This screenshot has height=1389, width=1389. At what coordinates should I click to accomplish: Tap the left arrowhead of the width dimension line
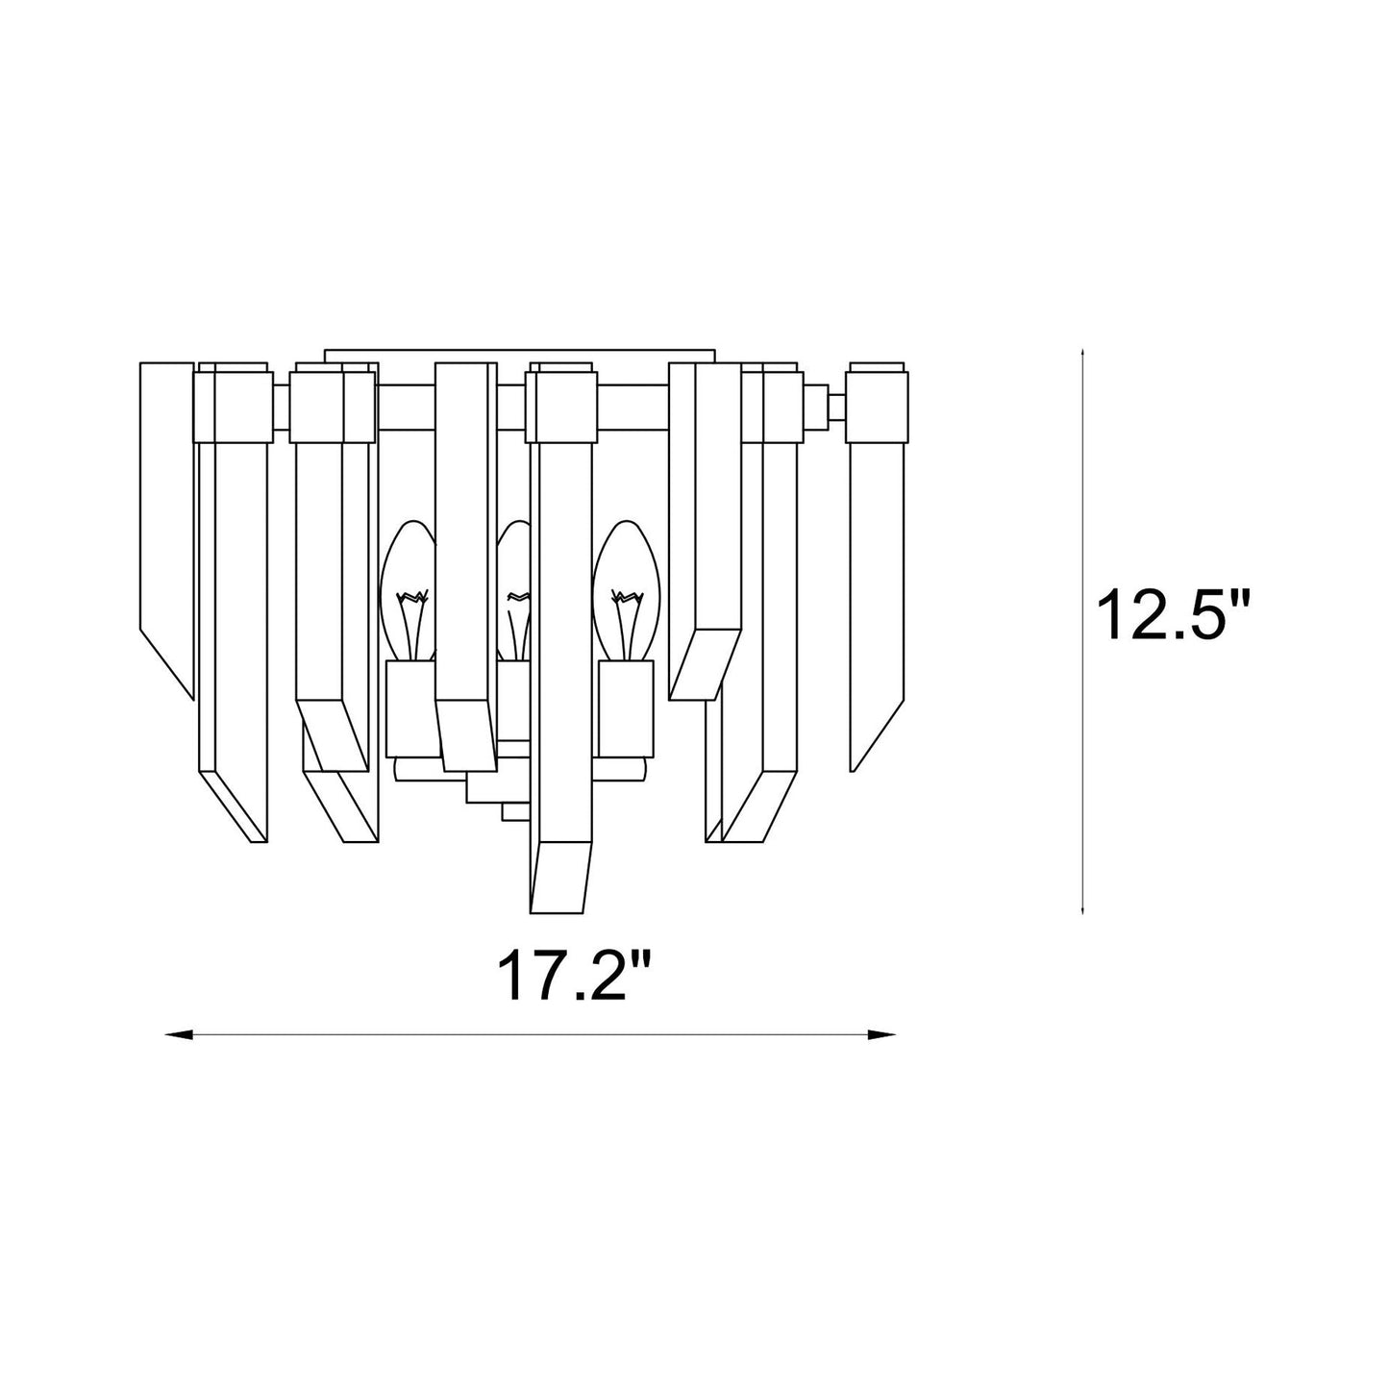click(178, 1035)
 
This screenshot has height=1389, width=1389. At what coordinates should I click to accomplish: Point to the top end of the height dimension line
click(1083, 353)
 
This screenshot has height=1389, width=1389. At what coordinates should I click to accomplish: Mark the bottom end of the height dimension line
click(1083, 910)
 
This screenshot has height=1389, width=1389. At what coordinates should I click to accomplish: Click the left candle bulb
click(409, 591)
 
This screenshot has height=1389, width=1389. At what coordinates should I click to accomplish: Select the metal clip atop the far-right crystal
click(877, 404)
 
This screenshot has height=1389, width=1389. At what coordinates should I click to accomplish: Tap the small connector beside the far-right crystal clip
click(827, 404)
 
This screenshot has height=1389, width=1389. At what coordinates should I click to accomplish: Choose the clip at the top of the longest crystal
click(562, 404)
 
